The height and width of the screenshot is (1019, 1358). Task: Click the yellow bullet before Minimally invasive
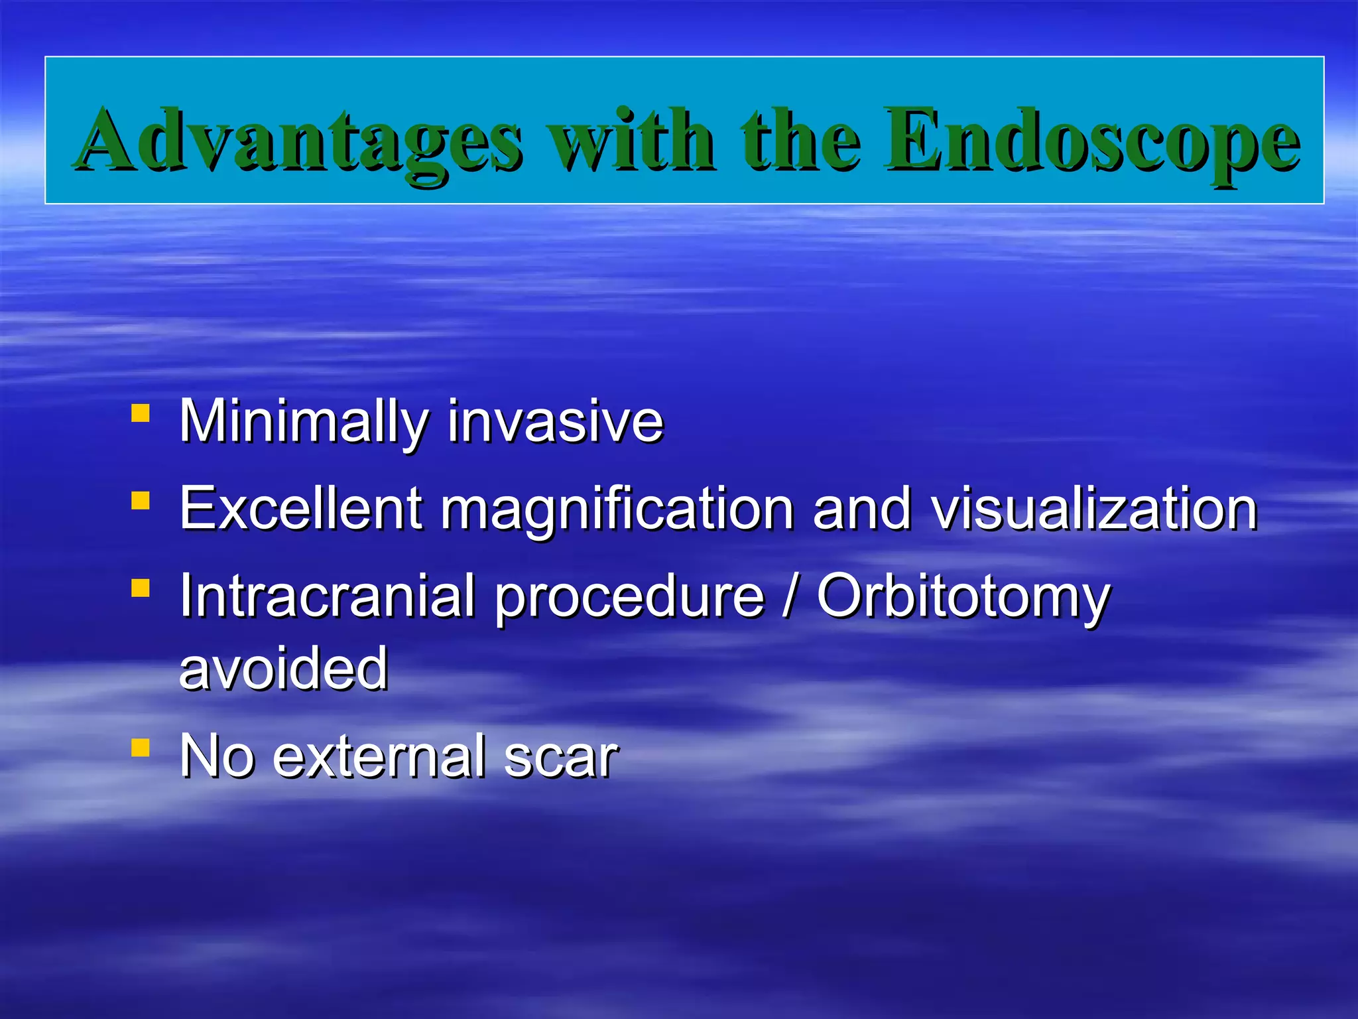coord(140,414)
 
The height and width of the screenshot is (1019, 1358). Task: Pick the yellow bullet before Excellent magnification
coord(140,501)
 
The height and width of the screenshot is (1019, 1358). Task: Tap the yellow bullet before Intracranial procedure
coord(140,588)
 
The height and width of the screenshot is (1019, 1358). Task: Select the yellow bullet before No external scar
coord(140,748)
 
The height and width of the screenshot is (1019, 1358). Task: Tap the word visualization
coord(1094,509)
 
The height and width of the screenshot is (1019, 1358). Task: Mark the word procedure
coord(630,596)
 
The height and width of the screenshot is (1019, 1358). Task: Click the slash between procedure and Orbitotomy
coord(790,596)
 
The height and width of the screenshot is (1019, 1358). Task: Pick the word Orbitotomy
coord(963,596)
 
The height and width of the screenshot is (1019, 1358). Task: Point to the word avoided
coord(284,669)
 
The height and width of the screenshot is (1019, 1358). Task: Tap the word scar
coord(561,756)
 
